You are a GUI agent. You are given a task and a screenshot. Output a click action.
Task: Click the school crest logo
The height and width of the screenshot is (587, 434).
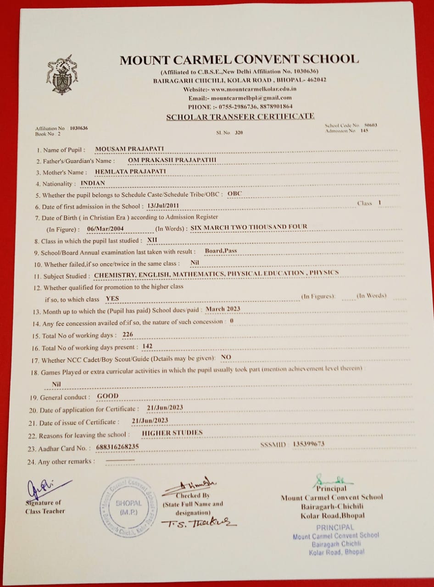(62, 75)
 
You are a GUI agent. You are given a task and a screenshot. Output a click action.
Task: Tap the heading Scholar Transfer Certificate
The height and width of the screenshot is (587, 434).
(240, 116)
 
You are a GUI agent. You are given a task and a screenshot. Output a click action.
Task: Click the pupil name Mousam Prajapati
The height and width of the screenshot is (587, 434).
(129, 149)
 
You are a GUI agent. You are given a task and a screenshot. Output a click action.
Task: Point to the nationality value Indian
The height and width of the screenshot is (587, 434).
(93, 183)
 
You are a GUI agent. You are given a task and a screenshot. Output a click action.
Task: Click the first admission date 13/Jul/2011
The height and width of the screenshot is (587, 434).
(163, 205)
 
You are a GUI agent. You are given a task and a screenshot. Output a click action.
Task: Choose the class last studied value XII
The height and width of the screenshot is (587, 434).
(151, 240)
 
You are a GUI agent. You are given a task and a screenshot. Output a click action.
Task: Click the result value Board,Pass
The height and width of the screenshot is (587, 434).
(221, 251)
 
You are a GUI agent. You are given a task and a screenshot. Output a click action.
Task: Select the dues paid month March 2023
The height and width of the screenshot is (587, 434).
(223, 309)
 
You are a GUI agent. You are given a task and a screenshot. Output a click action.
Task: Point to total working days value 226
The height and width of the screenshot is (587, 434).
(128, 334)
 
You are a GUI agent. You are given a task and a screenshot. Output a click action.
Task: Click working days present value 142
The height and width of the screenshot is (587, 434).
(147, 346)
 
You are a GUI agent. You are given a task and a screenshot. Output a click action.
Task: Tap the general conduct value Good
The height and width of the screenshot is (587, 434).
(108, 396)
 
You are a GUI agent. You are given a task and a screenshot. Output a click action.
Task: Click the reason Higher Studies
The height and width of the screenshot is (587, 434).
(172, 432)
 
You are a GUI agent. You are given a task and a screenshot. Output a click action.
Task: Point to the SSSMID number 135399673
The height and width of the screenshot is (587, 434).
(308, 443)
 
